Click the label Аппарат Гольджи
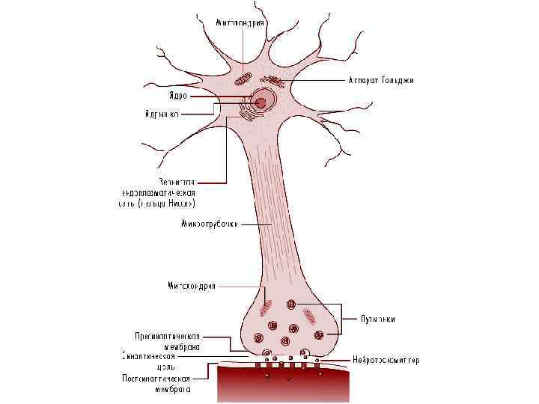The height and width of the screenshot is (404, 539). [x=381, y=80]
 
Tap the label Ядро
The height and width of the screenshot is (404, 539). [x=177, y=96]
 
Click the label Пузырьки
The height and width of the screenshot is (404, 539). [x=377, y=319]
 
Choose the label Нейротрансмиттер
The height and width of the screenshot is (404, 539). [x=386, y=361]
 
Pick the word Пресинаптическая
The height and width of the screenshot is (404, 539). [x=167, y=336]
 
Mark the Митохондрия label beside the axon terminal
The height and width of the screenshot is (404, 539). [x=191, y=285]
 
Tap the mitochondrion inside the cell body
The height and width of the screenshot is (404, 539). [x=242, y=78]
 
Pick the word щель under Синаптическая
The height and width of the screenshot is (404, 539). [x=165, y=367]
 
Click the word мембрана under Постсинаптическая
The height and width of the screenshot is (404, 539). [x=173, y=388]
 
